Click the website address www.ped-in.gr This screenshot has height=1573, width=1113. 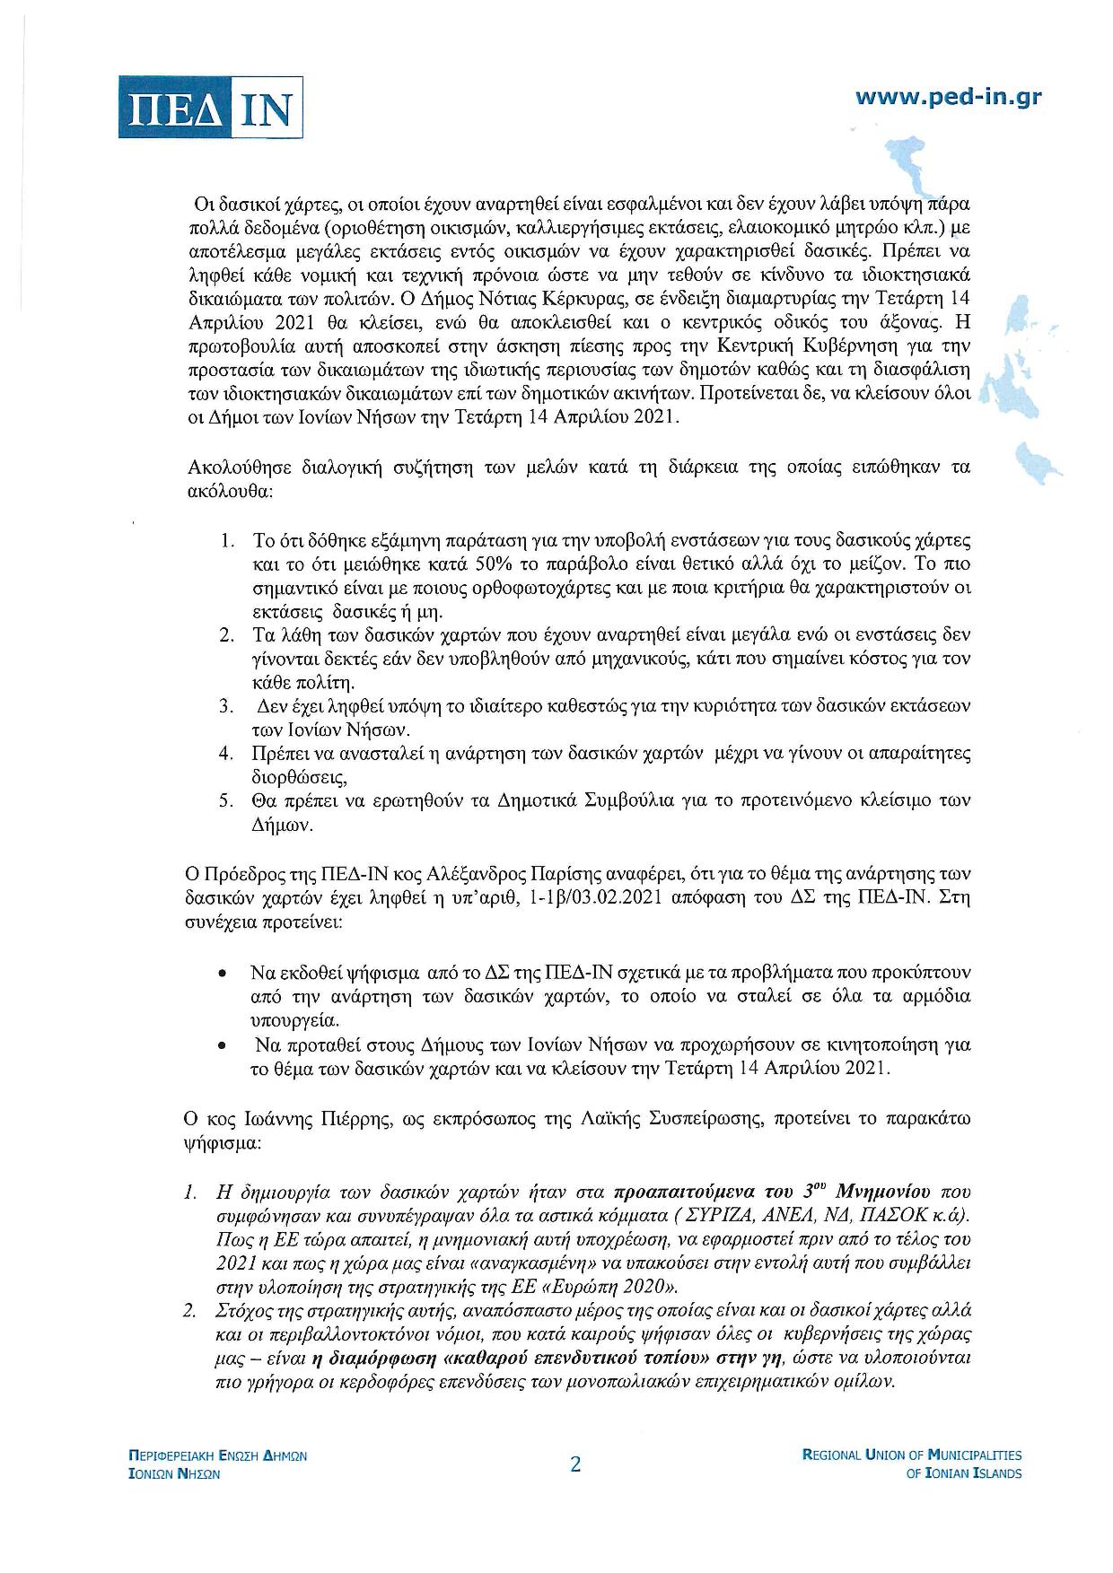click(948, 97)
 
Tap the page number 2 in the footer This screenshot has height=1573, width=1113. click(575, 1464)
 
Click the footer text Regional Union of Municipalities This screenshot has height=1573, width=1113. click(911, 1455)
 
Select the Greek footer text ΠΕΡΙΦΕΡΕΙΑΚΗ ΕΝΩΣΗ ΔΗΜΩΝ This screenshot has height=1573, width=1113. click(217, 1455)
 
